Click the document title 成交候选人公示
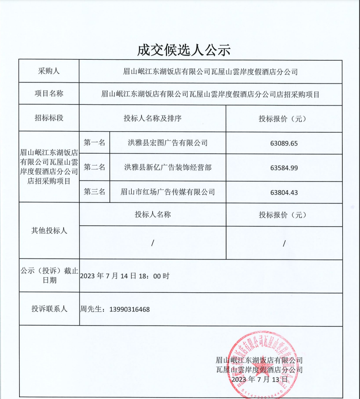tap(184, 50)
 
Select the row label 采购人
tap(49, 72)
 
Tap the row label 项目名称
tap(49, 94)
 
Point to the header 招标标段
tap(49, 118)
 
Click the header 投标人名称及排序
tap(153, 119)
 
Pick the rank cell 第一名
tap(95, 143)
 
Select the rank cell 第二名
tap(95, 167)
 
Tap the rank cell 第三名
tap(95, 192)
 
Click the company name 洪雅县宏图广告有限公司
tap(168, 143)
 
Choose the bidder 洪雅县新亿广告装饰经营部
tap(168, 167)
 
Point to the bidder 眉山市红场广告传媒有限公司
tap(168, 192)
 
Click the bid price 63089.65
tap(283, 143)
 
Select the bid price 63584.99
tap(283, 168)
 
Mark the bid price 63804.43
tap(283, 192)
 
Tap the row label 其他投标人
tap(49, 231)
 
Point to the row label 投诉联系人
tap(49, 309)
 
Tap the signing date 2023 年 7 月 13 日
tap(259, 379)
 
